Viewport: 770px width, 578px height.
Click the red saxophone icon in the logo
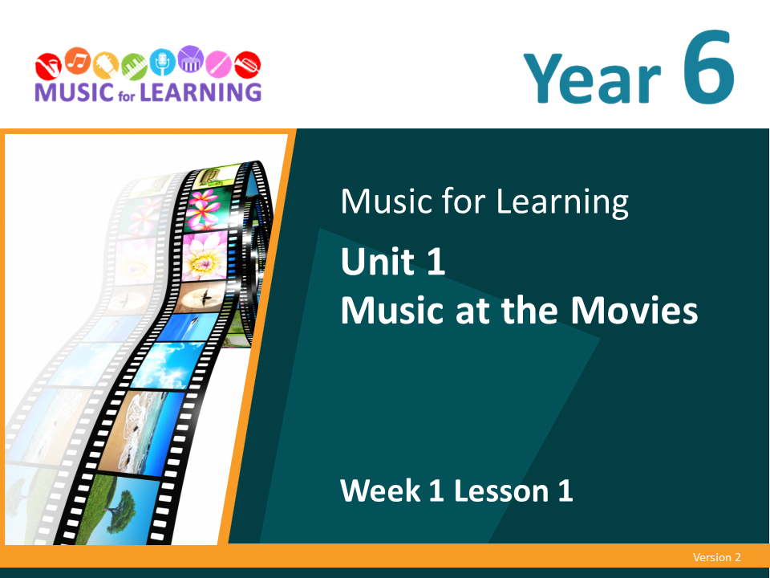(x=48, y=67)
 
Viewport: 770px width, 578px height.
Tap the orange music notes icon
(x=78, y=61)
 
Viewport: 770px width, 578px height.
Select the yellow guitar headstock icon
(x=106, y=65)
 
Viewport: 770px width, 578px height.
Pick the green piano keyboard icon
(x=134, y=67)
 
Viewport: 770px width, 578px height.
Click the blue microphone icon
(x=163, y=62)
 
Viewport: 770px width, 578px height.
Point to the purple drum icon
(x=191, y=59)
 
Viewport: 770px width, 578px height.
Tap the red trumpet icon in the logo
(x=247, y=65)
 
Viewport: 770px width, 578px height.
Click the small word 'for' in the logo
(x=126, y=95)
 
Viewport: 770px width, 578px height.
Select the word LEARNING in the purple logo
(x=201, y=92)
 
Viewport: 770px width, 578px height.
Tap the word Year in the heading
(x=592, y=79)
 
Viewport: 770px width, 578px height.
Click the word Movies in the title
(x=634, y=311)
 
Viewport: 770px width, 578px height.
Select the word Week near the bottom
(x=380, y=490)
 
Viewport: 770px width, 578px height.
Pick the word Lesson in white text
(x=500, y=490)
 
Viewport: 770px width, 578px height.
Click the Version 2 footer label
(x=716, y=557)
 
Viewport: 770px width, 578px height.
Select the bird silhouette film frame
(x=202, y=296)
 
